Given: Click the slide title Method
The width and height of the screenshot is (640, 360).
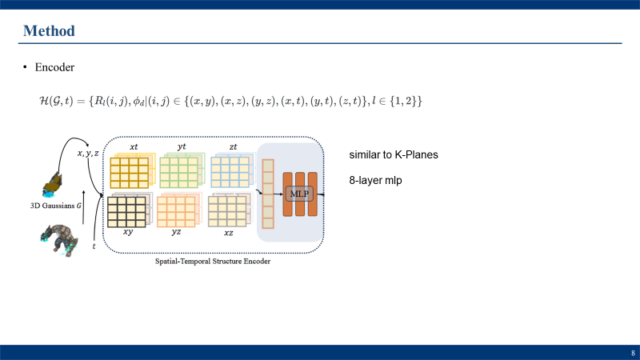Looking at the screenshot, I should coord(49,31).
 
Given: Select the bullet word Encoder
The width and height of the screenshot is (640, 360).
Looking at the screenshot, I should coord(54,68).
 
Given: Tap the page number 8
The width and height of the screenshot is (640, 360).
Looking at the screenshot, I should coord(633,353).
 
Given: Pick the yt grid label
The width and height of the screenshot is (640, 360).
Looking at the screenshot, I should coord(182,147).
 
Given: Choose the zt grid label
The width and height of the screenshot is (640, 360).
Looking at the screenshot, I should coord(232,147).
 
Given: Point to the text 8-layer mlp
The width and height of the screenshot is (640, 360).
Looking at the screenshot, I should coord(375,181).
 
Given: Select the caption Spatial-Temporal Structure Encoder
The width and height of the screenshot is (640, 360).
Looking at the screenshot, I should coord(212,262).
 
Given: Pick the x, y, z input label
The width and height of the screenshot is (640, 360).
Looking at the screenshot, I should coord(88,153).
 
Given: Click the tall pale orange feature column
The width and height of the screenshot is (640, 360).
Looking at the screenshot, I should coord(269,194).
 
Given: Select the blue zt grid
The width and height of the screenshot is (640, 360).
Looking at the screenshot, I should coord(229,171).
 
